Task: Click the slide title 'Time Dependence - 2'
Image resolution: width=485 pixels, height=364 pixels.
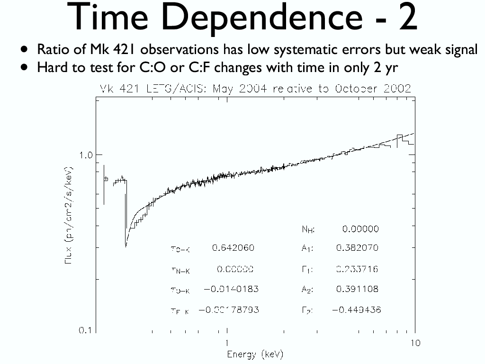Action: point(242,18)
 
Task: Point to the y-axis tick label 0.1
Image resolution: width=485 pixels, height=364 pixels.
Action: point(85,330)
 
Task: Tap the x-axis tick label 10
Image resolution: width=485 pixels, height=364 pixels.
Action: point(415,343)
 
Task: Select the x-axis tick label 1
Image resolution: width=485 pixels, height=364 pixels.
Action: point(227,343)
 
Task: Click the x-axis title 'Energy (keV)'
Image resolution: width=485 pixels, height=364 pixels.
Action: point(255,355)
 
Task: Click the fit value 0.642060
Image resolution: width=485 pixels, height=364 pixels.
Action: point(233,248)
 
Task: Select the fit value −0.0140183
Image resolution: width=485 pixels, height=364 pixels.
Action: point(231,289)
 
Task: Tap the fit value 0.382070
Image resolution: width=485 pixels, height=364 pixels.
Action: point(357,248)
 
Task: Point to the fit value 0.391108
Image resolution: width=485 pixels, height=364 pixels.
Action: point(357,289)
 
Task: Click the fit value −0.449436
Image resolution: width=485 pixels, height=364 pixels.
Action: point(356,310)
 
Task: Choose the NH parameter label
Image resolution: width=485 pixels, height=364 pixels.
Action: point(308,230)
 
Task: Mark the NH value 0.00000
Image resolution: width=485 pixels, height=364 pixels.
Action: point(360,229)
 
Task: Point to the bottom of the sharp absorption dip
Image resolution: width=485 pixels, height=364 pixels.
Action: point(126,246)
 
